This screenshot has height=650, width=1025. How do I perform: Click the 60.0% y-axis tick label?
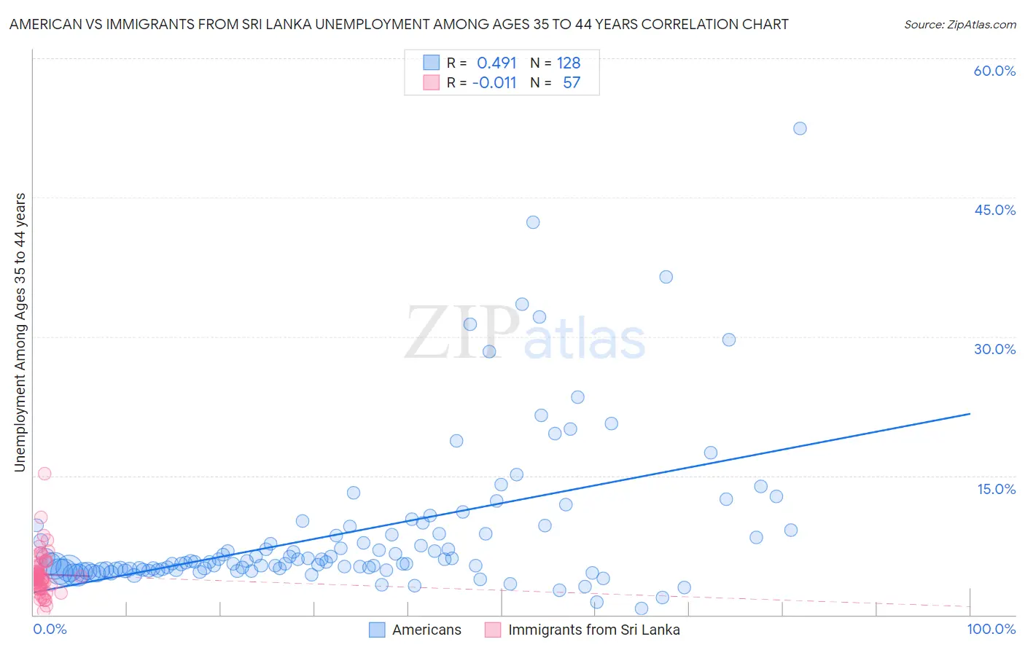pyautogui.click(x=994, y=71)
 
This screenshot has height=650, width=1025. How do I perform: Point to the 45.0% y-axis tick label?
pyautogui.click(x=994, y=210)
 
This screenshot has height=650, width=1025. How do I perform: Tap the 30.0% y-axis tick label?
pyautogui.click(x=994, y=349)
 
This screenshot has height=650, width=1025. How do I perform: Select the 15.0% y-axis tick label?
pyautogui.click(x=996, y=489)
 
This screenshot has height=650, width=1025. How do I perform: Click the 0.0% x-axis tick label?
pyautogui.click(x=50, y=629)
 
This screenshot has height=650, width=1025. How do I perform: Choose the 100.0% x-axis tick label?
pyautogui.click(x=991, y=629)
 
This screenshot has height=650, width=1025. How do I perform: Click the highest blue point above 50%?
pyautogui.click(x=800, y=128)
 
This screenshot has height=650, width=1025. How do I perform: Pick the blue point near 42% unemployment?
pyautogui.click(x=533, y=222)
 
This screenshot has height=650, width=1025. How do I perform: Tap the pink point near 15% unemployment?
pyautogui.click(x=44, y=474)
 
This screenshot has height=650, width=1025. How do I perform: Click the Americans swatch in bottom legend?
pyautogui.click(x=377, y=630)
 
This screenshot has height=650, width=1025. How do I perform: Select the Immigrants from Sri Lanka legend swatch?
pyautogui.click(x=493, y=630)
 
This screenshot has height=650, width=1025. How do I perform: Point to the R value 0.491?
pyautogui.click(x=496, y=63)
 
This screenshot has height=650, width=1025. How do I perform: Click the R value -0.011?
pyautogui.click(x=494, y=82)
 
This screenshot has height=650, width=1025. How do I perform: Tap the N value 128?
pyautogui.click(x=569, y=63)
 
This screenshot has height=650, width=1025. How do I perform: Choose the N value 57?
pyautogui.click(x=572, y=82)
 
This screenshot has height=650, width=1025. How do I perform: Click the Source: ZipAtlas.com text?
pyautogui.click(x=959, y=24)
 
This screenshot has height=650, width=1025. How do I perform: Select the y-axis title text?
pyautogui.click(x=20, y=332)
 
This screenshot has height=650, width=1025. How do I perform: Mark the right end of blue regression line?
pyautogui.click(x=970, y=414)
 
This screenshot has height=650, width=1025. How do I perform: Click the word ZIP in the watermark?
pyautogui.click(x=460, y=333)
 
